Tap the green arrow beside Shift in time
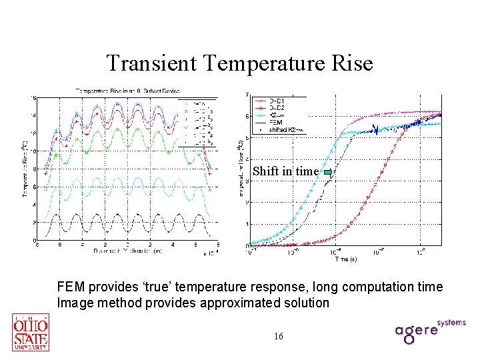pyautogui.click(x=327, y=172)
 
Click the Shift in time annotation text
pyautogui.click(x=285, y=171)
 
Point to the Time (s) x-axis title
pyautogui.click(x=345, y=258)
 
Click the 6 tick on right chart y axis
pyautogui.click(x=248, y=116)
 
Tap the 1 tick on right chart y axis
pyautogui.click(x=248, y=223)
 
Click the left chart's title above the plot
pyautogui.click(x=127, y=91)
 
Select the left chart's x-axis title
pyautogui.click(x=127, y=251)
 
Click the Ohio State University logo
pyautogui.click(x=30, y=331)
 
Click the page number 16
pyautogui.click(x=278, y=336)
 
